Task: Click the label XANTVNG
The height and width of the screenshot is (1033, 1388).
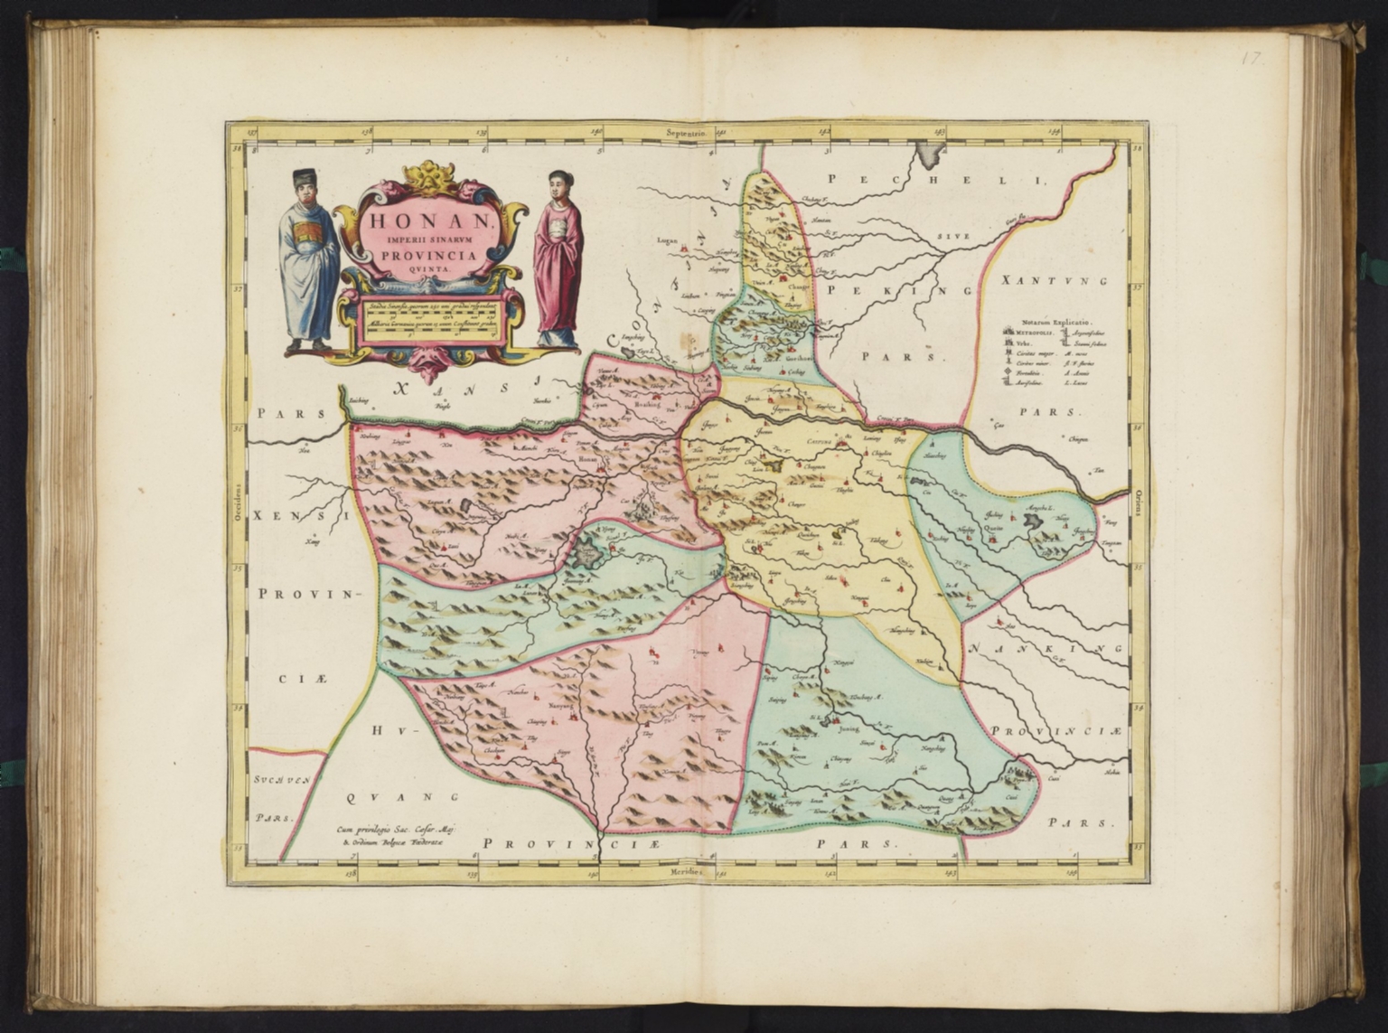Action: pos(1054,282)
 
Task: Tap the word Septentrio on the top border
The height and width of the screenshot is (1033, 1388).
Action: pos(688,132)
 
